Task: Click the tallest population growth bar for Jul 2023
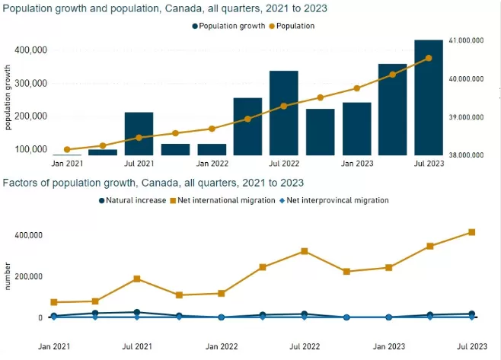pyautogui.click(x=429, y=97)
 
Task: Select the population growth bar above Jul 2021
pyautogui.click(x=139, y=134)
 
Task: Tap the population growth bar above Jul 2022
pyautogui.click(x=284, y=113)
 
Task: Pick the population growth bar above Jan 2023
pyautogui.click(x=357, y=129)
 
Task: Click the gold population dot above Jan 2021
pyautogui.click(x=67, y=149)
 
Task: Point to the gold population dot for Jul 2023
pyautogui.click(x=429, y=58)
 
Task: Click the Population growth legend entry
pyautogui.click(x=228, y=26)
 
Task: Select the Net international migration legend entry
pyautogui.click(x=222, y=201)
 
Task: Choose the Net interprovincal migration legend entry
pyautogui.click(x=334, y=201)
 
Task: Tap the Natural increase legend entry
pyautogui.click(x=132, y=201)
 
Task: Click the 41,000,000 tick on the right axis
pyautogui.click(x=466, y=40)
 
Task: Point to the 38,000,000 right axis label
pyautogui.click(x=466, y=155)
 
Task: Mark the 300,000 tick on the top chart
pyautogui.click(x=30, y=84)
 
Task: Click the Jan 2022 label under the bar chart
pyautogui.click(x=212, y=164)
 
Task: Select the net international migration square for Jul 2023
pyautogui.click(x=471, y=232)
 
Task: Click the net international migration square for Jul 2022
pyautogui.click(x=305, y=251)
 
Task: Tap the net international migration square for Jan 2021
pyautogui.click(x=54, y=302)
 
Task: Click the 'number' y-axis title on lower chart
pyautogui.click(x=8, y=276)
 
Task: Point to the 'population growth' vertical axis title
pyautogui.click(x=8, y=97)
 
